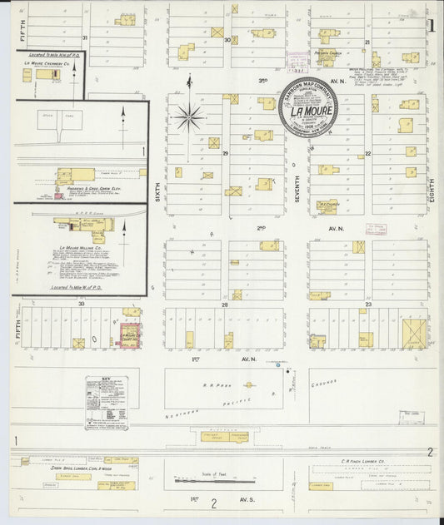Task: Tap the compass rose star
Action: point(188,116)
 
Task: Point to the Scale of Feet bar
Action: point(214,480)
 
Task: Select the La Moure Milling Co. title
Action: point(80,248)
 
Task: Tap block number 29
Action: point(225,154)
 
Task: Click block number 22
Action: point(367,154)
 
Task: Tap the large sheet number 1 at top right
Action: point(432,25)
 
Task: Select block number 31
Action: point(84,38)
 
